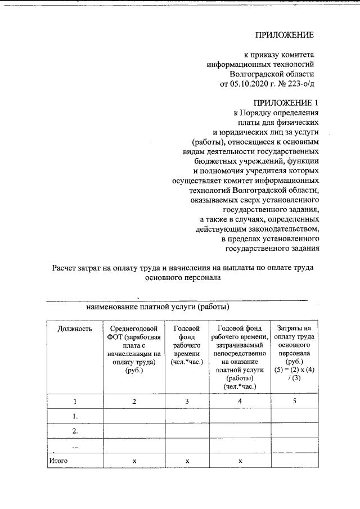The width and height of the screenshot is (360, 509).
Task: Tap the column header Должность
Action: coord(75,328)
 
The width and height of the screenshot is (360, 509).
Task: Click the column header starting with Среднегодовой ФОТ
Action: coord(134,349)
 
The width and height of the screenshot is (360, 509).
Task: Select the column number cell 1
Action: coord(75,400)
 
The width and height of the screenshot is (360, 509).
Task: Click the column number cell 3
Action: coord(187,400)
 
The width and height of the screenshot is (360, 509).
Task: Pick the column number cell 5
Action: coord(294,400)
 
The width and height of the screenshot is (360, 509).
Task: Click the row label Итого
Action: coord(58,461)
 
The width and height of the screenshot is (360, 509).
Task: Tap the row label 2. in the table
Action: coord(75,430)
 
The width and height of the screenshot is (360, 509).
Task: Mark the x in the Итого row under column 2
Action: coord(134,461)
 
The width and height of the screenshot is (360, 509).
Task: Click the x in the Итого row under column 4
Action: coord(240,461)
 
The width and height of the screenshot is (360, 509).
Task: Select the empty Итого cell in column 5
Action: coord(294,461)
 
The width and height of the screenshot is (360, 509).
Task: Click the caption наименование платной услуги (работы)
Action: coord(157,308)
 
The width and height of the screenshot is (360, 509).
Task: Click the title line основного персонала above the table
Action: coord(183,277)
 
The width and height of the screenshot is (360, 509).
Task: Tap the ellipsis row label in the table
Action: coord(75,445)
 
